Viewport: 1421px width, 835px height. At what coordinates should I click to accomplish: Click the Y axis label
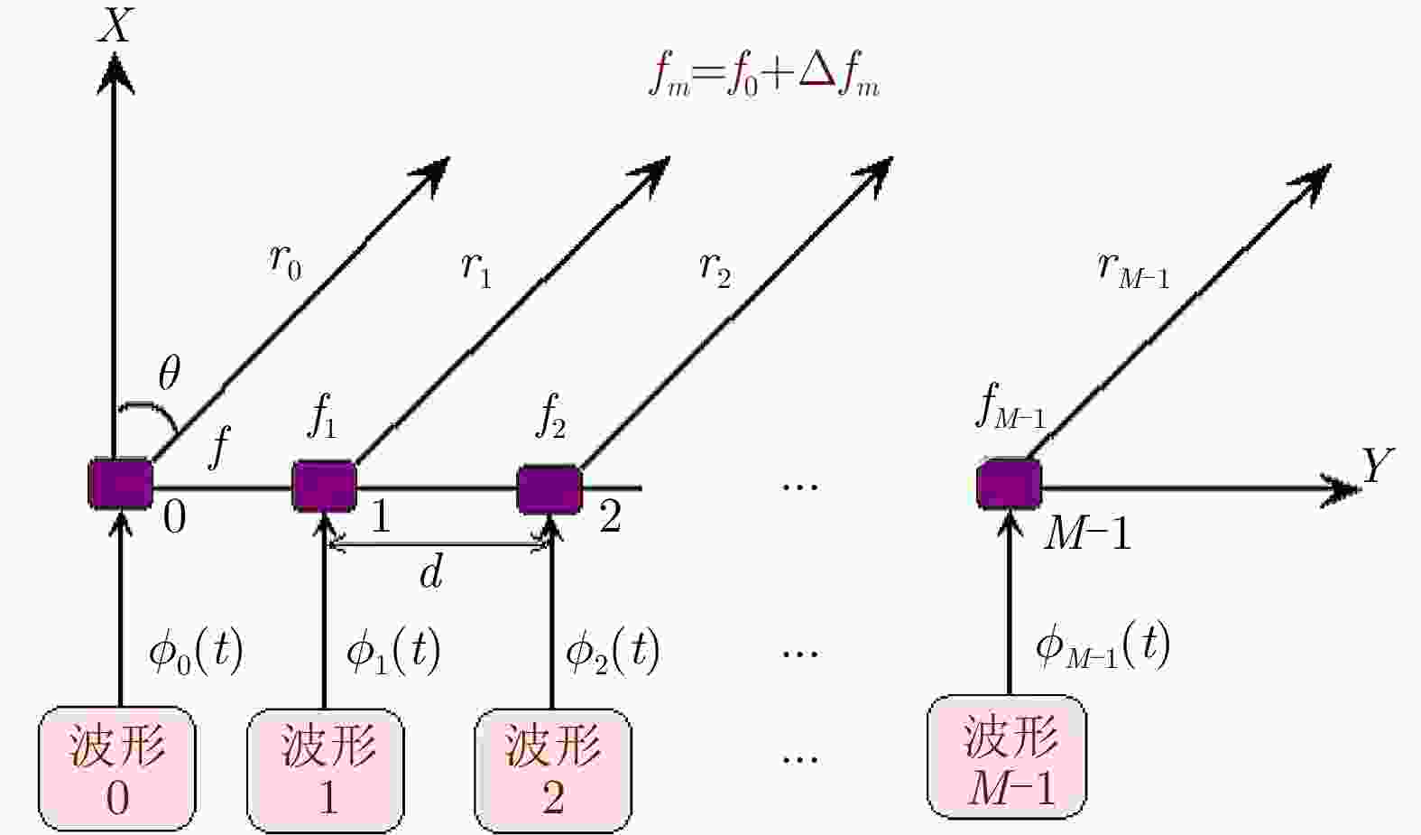[x=1376, y=466]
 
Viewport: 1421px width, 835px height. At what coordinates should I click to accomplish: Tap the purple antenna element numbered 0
[x=120, y=484]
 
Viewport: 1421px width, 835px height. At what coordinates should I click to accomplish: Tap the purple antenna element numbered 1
[x=324, y=486]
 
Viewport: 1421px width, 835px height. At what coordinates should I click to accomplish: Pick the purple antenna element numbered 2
[x=549, y=488]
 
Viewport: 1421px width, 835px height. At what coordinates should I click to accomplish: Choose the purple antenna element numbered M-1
[x=1009, y=484]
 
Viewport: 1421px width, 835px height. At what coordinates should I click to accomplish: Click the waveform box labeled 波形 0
[x=117, y=768]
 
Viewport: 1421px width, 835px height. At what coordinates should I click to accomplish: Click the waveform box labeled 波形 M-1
[x=1008, y=756]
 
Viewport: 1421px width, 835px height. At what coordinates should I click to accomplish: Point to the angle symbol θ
[x=169, y=373]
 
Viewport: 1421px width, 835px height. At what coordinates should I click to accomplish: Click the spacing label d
[x=431, y=572]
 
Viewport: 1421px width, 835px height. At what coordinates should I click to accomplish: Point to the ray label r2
[x=715, y=268]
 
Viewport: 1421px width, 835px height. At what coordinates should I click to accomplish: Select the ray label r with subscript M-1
[x=1133, y=269]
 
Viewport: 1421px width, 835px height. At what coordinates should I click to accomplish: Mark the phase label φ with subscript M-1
[x=1103, y=646]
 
